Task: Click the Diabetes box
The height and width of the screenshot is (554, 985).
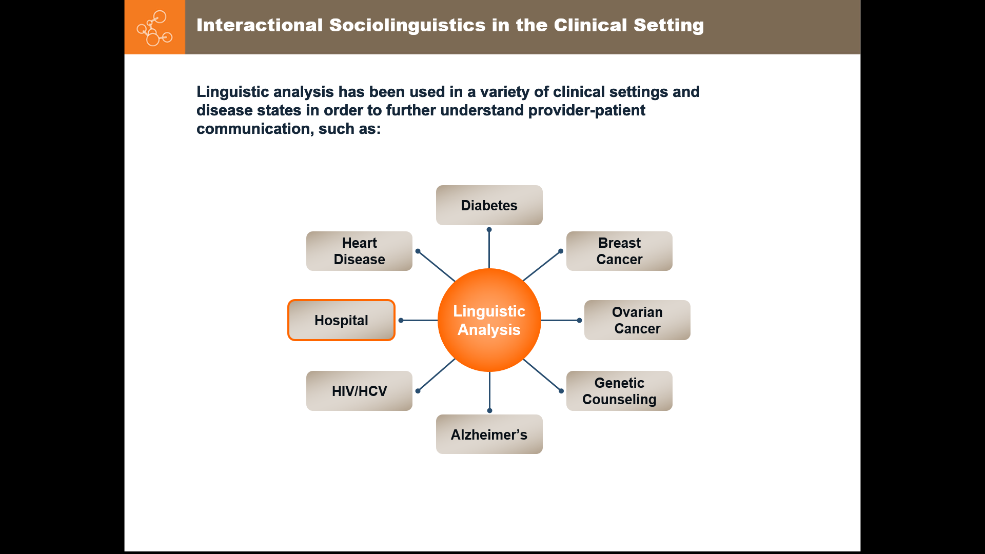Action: [x=489, y=205]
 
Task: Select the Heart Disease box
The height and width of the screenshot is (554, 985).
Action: [x=359, y=251]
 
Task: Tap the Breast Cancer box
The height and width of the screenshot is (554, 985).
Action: [x=619, y=251]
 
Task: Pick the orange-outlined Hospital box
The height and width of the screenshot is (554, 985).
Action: [x=341, y=320]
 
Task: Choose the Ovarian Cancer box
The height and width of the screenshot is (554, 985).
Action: [x=637, y=320]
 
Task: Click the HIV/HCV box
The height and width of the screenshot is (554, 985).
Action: [x=359, y=391]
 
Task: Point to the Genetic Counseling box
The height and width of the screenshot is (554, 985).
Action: [x=619, y=391]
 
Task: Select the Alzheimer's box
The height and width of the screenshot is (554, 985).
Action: [x=489, y=434]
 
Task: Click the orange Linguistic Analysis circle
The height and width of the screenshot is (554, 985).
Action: [x=489, y=320]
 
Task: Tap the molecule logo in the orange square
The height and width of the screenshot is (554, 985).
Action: [x=154, y=28]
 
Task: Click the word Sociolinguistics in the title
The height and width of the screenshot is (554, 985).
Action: [x=407, y=25]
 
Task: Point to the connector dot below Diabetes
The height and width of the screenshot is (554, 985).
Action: [x=489, y=230]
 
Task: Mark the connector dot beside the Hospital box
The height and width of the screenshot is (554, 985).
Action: [x=401, y=320]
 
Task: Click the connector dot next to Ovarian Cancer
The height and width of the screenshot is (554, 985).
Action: [x=579, y=320]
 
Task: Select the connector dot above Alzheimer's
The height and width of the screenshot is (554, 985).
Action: [x=489, y=410]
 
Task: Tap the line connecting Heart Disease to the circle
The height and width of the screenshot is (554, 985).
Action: [x=437, y=266]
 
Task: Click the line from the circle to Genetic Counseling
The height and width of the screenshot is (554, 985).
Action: [x=542, y=375]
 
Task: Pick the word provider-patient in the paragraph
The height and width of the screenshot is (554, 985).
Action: [x=586, y=110]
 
